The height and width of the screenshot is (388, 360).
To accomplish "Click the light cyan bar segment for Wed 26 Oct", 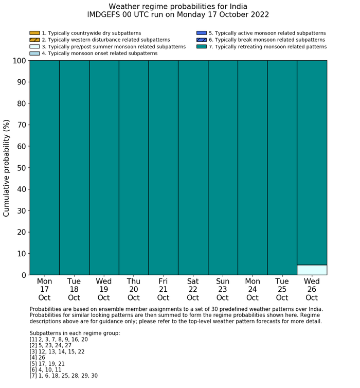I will (x=312, y=270).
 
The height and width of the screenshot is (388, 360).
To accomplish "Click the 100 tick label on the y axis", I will (x=18, y=61).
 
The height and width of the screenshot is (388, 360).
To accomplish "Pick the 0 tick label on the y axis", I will (x=24, y=275).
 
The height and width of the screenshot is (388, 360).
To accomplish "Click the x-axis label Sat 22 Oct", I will (x=193, y=289).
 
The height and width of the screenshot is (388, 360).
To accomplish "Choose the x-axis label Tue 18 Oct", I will (x=74, y=289).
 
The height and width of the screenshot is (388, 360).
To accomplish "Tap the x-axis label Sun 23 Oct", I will (x=223, y=289).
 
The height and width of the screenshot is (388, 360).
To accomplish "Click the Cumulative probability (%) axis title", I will (x=7, y=168).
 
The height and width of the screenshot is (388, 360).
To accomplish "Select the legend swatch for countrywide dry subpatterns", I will (x=34, y=33).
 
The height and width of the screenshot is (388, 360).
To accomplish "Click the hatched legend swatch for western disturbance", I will (x=34, y=40).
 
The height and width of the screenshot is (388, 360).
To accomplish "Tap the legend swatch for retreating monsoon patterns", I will (x=201, y=46).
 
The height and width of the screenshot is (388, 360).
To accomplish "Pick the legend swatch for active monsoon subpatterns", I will (x=201, y=33).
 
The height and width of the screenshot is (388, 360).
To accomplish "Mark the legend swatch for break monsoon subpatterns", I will (x=201, y=40).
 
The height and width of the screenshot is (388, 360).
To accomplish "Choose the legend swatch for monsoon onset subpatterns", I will (x=34, y=53).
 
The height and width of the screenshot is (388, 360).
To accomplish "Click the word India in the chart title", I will (x=236, y=7).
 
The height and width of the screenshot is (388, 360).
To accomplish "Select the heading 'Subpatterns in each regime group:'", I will (x=75, y=333).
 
